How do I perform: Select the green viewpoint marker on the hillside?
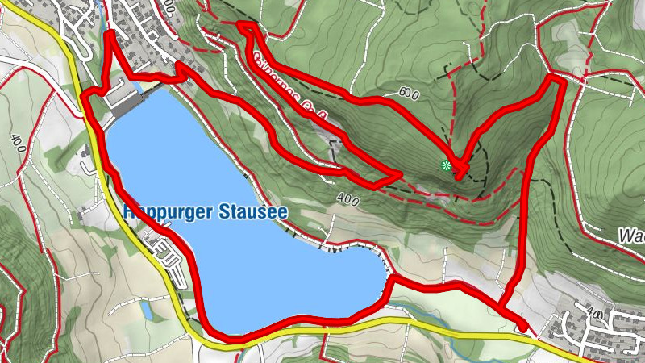tap(446, 166)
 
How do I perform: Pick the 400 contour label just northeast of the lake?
tap(347, 198)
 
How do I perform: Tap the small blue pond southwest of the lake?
tap(146, 309)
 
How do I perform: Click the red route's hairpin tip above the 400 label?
tap(398, 174)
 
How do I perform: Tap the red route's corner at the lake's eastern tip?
tap(390, 280)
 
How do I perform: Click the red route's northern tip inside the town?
tap(109, 35)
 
